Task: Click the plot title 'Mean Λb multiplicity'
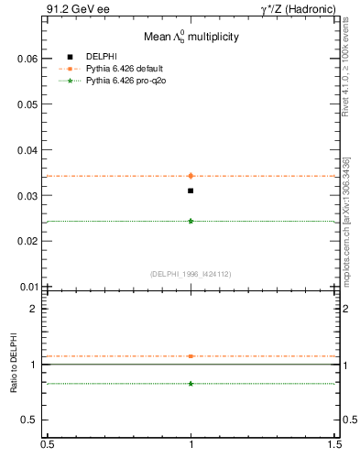[x=191, y=37]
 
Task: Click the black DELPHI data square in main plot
[x=191, y=191]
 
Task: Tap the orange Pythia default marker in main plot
[x=191, y=176]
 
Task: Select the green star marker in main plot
[x=191, y=221]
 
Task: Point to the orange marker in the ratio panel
[x=191, y=356]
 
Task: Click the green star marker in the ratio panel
[x=191, y=383]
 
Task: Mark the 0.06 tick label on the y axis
[x=27, y=59]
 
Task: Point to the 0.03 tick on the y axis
[x=27, y=196]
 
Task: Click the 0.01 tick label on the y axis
[x=27, y=287]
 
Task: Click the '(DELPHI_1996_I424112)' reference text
[x=191, y=273]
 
